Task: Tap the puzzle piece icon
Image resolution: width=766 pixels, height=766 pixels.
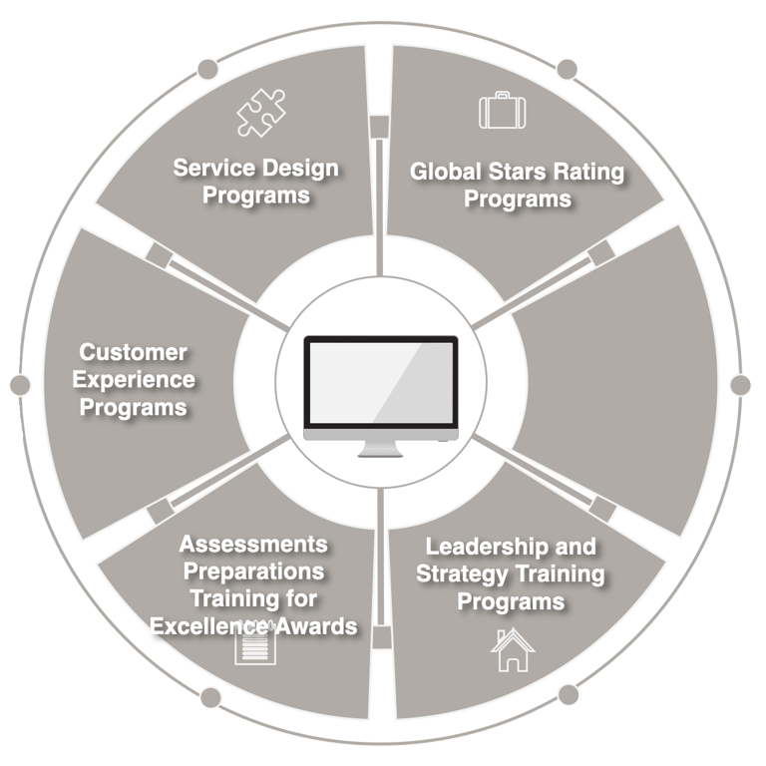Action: (260, 113)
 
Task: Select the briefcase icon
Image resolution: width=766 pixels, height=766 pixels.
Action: (501, 110)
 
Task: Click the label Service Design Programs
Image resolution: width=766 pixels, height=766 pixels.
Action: (256, 181)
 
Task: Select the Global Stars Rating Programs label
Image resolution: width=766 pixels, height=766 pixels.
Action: (518, 185)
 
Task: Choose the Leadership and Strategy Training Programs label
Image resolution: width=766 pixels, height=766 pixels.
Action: (511, 574)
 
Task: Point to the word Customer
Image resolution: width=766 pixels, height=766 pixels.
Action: (134, 352)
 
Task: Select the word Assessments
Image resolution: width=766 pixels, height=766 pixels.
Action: (253, 545)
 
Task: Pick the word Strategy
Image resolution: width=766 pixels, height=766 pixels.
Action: (455, 574)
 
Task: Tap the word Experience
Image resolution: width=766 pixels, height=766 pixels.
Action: (138, 380)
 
